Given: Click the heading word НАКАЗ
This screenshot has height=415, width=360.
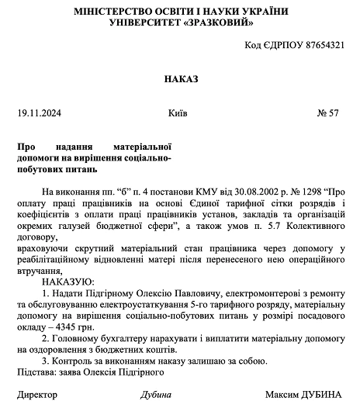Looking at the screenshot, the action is (180, 79).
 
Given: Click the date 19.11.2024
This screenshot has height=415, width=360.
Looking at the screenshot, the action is (39, 113).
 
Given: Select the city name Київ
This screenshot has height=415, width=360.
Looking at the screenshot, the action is (177, 113).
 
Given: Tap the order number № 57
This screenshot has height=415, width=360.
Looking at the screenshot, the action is (329, 113).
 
